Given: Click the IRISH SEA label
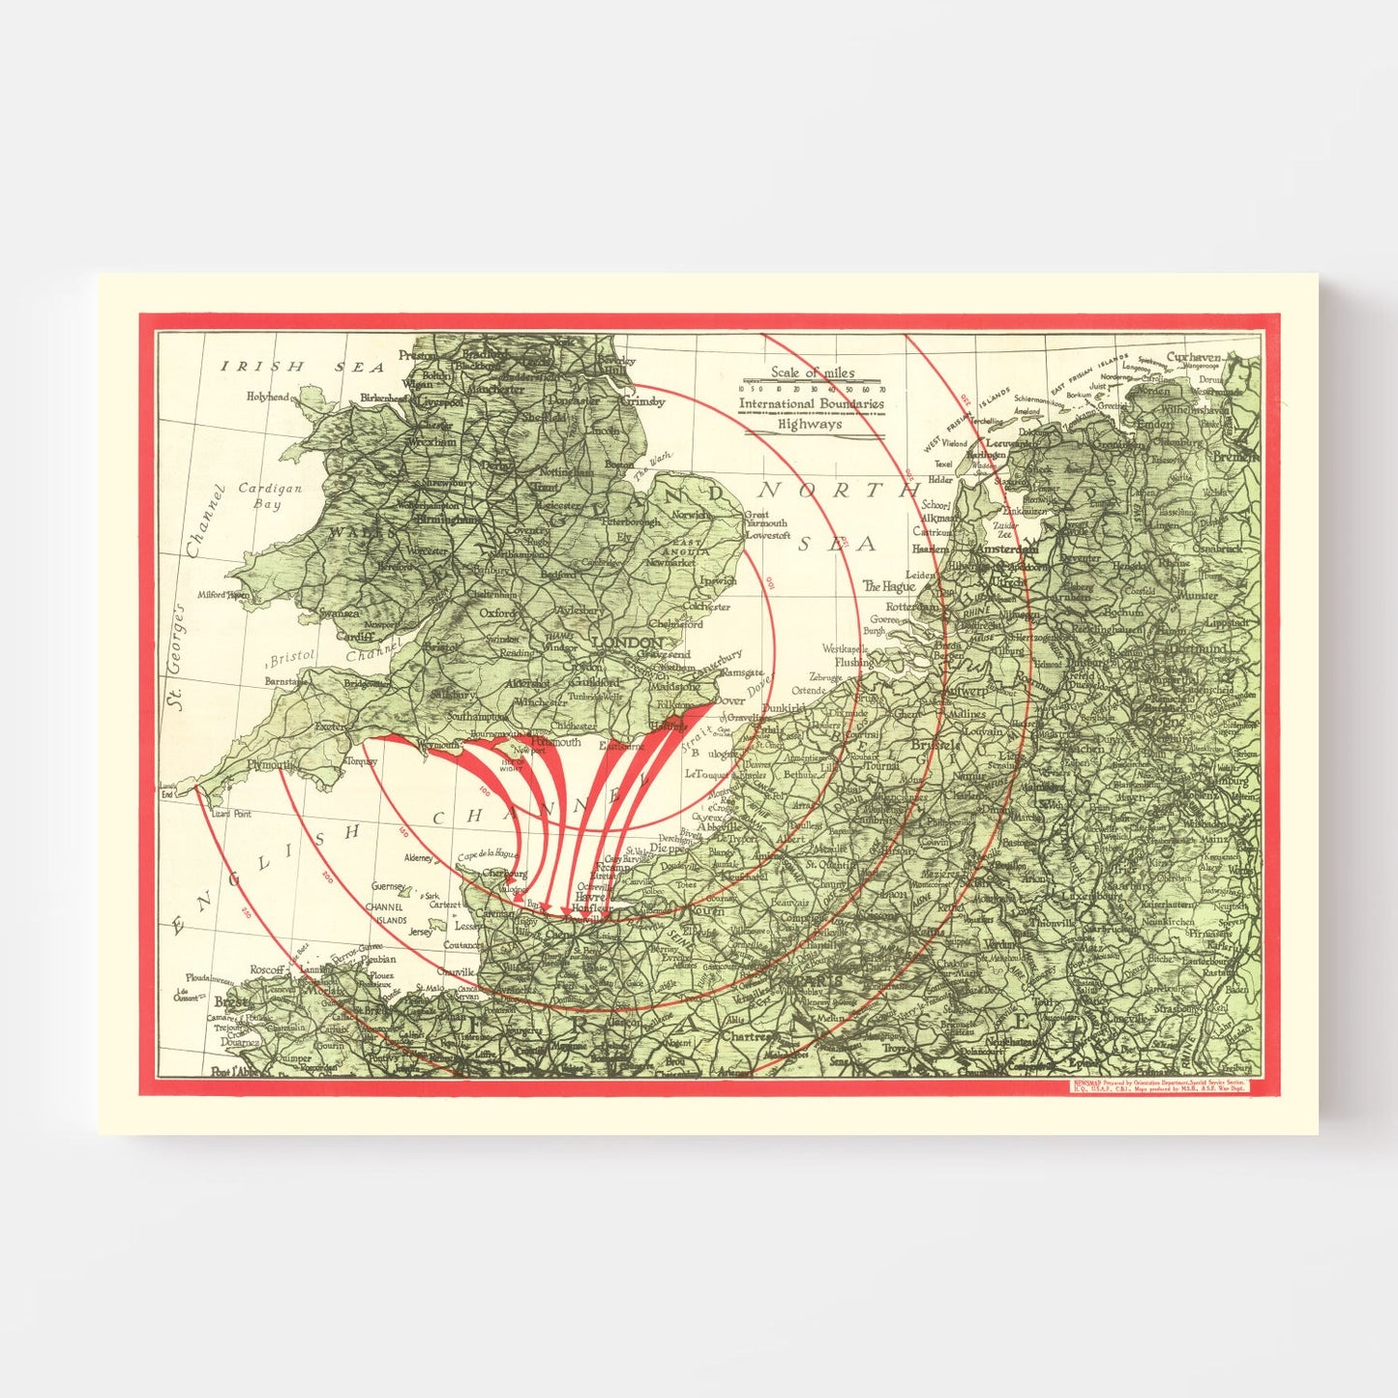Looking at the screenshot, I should [x=303, y=367].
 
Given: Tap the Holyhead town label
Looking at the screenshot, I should [x=267, y=397].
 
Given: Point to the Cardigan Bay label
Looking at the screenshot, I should [x=269, y=496].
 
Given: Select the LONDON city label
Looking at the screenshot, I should [x=628, y=642].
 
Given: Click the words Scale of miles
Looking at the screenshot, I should [x=813, y=372].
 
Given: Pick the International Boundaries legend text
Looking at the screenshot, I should [x=812, y=403].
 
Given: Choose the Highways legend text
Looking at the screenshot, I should [x=811, y=424].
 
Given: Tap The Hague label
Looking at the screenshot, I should [x=889, y=586].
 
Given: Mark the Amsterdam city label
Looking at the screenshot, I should [x=1007, y=549].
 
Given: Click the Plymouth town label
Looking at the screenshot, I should [x=270, y=764].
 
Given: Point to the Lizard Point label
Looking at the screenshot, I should [x=229, y=815].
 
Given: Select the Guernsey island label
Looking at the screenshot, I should [x=390, y=886].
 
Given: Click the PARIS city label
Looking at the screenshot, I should [x=818, y=981].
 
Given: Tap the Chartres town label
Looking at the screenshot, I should [x=749, y=1036].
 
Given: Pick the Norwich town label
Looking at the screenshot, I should [x=691, y=515].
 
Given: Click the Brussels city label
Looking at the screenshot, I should [x=936, y=745].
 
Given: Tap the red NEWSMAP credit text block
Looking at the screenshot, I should [x=1157, y=1085].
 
